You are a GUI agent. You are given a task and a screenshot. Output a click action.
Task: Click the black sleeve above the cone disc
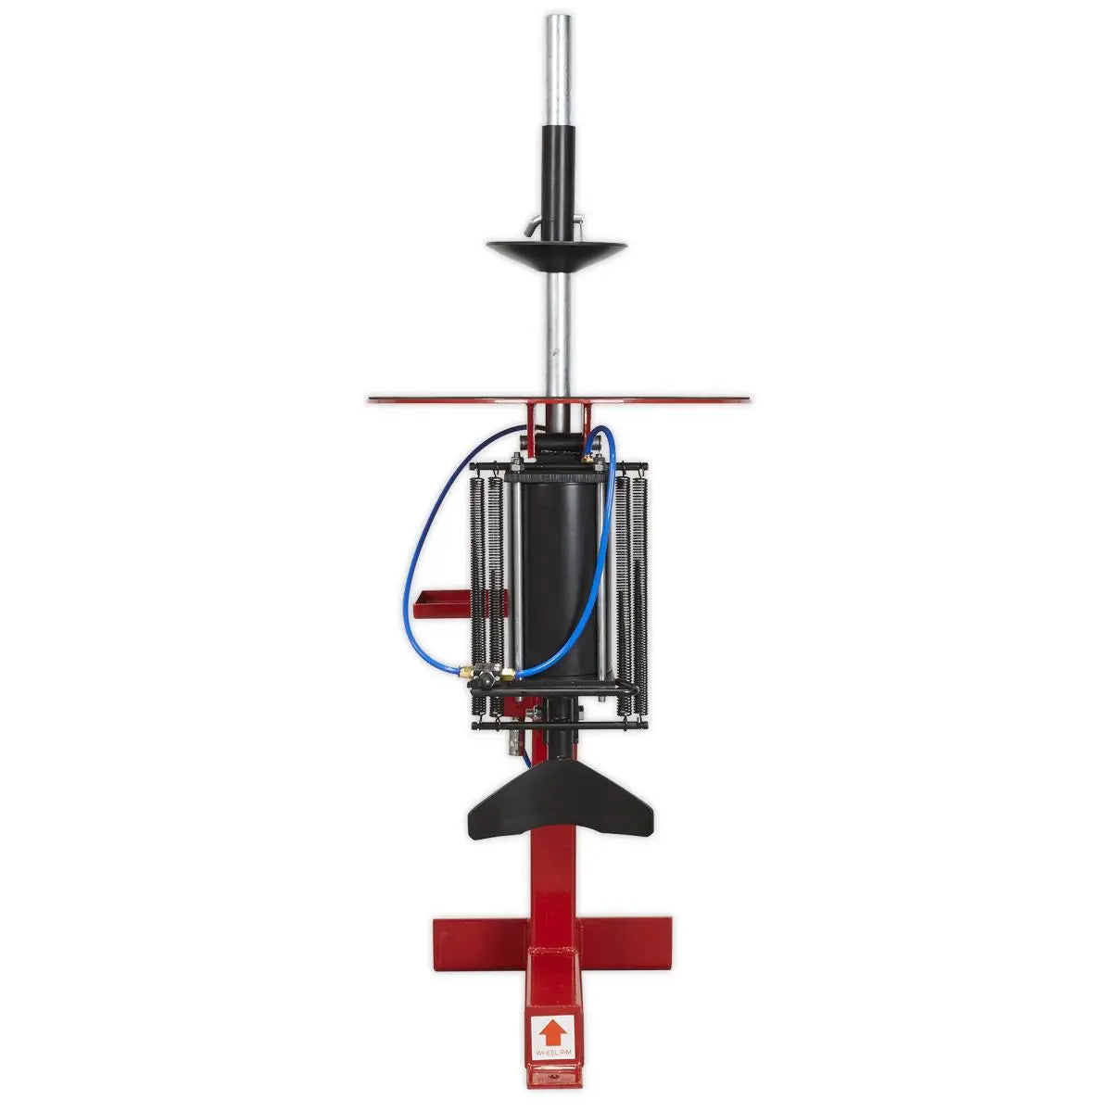(557, 176)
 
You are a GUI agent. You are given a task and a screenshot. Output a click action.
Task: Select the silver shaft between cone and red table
(557, 334)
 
